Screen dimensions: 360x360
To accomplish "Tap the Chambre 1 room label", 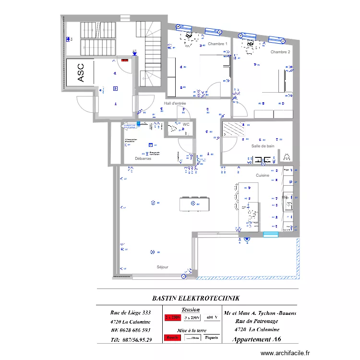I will click(217, 44).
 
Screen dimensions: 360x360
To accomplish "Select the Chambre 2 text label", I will click(280, 52).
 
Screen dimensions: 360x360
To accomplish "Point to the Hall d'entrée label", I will click(175, 103).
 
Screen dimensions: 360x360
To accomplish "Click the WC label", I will click(186, 124).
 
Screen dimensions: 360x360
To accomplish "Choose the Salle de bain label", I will click(263, 145).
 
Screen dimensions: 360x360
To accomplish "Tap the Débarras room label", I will click(143, 158).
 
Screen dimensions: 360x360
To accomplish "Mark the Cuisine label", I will click(262, 176).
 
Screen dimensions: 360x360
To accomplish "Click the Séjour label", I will click(162, 267).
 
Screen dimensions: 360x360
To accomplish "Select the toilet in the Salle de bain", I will click(287, 157).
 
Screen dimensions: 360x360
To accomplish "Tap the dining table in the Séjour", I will click(194, 204).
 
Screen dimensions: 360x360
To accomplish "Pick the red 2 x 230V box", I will click(173, 318).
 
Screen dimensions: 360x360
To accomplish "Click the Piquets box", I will click(211, 337).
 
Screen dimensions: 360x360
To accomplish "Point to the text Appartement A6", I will click(257, 339).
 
